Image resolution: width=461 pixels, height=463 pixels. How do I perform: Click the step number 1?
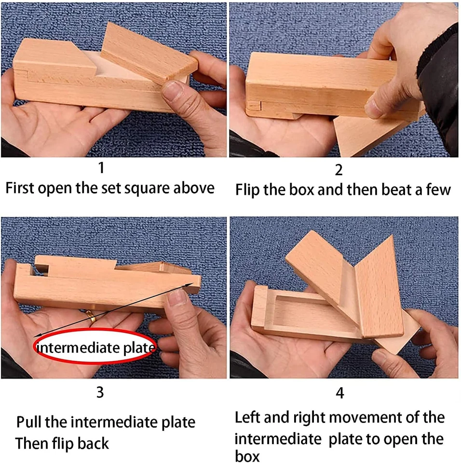point(101,167)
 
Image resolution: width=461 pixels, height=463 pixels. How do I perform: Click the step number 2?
point(339,170)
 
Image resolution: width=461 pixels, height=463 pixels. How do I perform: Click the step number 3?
point(100,392)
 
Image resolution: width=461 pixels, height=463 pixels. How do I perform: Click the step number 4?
point(340,393)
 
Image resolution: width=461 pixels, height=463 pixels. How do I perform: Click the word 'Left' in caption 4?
point(247,417)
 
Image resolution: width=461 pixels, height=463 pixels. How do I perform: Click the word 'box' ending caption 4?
point(247,456)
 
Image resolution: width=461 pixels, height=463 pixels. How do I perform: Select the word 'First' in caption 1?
point(20,188)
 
